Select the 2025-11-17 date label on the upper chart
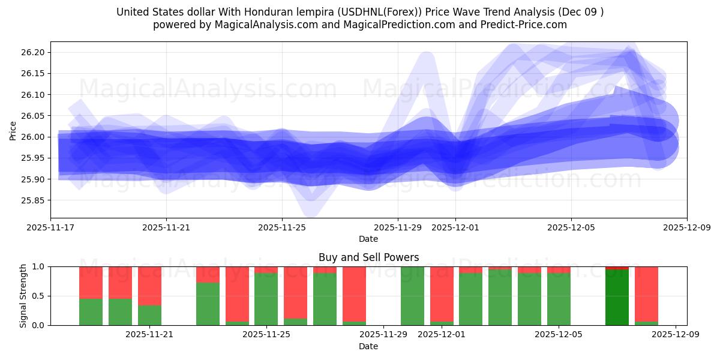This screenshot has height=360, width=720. coord(50,228)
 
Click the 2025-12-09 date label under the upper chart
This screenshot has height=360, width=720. coord(686,228)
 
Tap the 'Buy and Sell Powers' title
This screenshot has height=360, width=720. coord(368,257)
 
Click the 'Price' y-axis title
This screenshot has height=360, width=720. coord(13,130)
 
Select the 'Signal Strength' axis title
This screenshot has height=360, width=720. coord(23,296)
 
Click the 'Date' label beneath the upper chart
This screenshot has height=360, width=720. coord(368,239)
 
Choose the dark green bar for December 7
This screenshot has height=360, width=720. coord(617,298)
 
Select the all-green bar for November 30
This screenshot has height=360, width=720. coord(412,296)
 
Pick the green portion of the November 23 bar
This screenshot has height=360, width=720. coord(208,304)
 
